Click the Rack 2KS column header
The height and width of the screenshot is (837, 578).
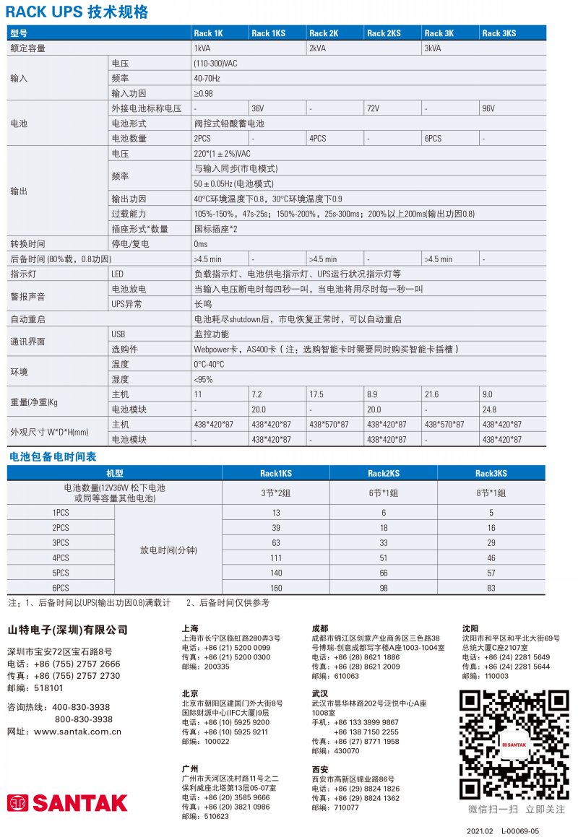point(384,33)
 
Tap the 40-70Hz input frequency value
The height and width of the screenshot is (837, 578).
point(207,78)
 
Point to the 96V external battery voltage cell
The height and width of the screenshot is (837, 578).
point(488,108)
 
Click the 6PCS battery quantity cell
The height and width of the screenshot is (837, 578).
point(433,138)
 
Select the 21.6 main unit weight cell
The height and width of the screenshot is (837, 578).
point(431,394)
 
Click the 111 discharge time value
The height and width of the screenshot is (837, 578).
point(276,558)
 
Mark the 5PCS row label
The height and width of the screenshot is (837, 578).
point(61,573)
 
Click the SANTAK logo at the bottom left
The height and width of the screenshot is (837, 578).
point(67,803)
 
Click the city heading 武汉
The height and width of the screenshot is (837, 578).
point(320,693)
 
